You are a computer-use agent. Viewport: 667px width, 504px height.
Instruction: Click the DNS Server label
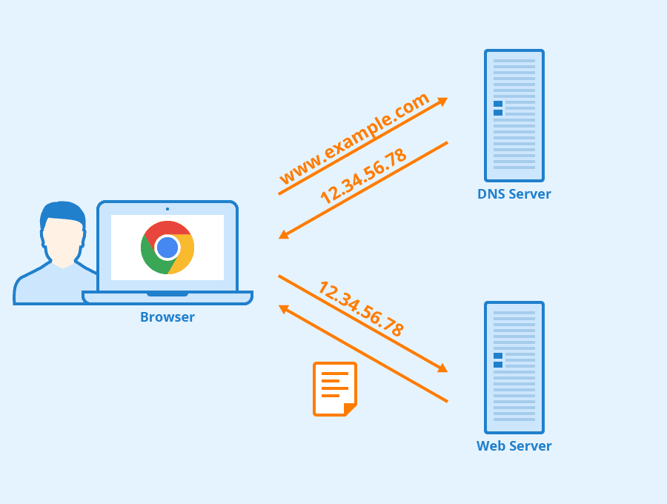coord(514,194)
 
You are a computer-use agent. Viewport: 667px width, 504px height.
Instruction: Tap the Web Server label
coord(514,446)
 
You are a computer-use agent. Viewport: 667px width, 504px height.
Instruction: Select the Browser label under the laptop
coord(167,317)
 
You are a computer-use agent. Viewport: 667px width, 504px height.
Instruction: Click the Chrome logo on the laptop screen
coord(167,248)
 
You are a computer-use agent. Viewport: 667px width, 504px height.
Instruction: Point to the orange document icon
coord(334,388)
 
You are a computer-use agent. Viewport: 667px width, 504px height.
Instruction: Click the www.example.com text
coord(354,139)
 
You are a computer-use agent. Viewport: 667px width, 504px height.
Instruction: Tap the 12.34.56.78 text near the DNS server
coord(363,176)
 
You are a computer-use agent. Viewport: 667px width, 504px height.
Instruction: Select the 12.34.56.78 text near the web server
coord(361,309)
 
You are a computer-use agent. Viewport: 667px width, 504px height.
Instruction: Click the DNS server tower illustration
coord(514,116)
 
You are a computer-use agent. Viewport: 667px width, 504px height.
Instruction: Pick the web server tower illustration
coord(514,368)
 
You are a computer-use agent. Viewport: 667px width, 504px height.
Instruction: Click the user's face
coord(63,241)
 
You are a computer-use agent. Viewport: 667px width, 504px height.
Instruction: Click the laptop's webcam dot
coord(167,209)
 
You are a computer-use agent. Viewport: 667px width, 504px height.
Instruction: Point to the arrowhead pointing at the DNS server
coord(443,101)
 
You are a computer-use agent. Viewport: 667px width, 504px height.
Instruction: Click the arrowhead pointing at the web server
coord(443,368)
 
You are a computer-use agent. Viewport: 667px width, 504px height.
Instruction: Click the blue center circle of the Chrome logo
coord(167,248)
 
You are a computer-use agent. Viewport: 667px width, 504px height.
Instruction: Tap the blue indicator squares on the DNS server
coord(498,108)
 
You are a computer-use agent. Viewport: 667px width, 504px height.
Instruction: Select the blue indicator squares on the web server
coord(498,360)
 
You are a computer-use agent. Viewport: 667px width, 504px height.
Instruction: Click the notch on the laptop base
coord(167,294)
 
